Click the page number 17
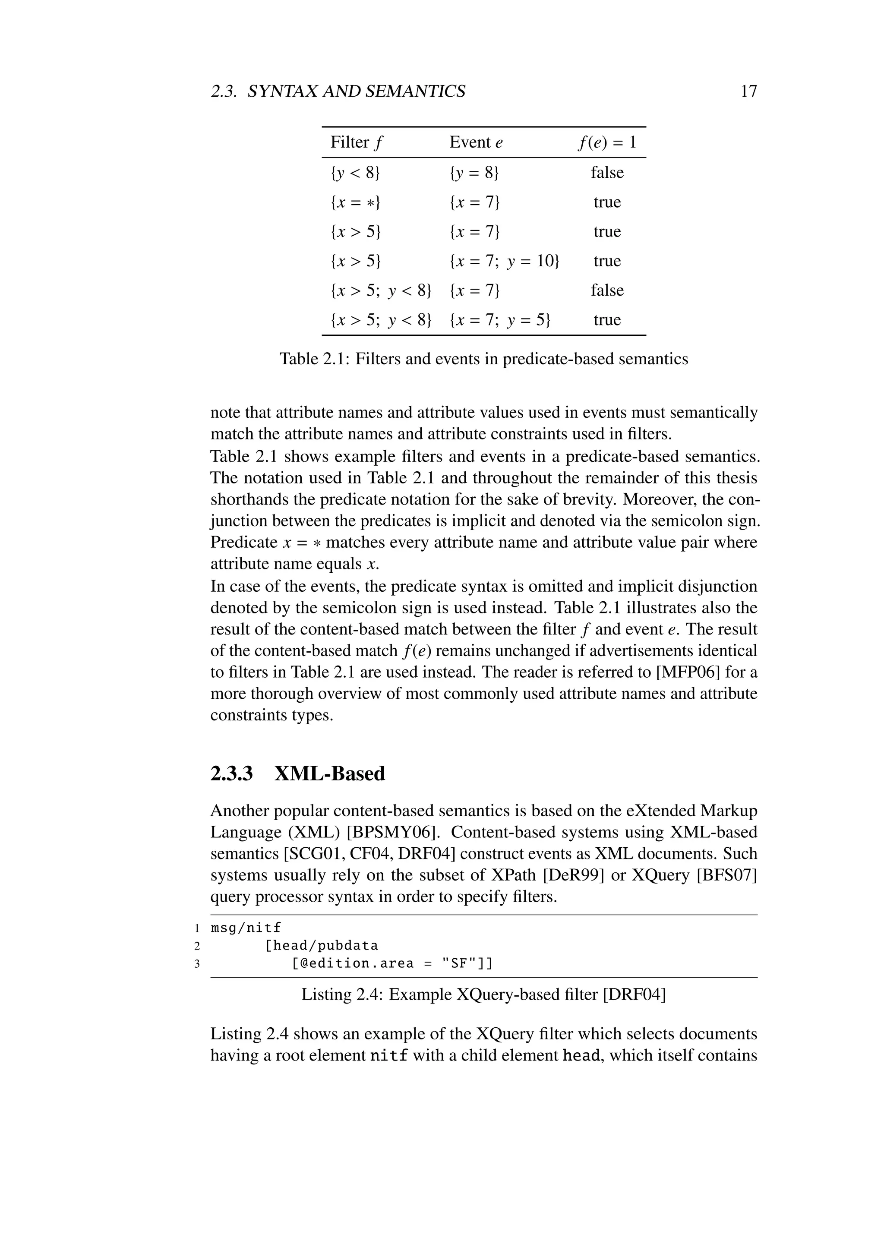coord(748,91)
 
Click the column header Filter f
coord(357,142)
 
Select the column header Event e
coord(476,142)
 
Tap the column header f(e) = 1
coord(606,142)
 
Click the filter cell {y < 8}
coord(355,173)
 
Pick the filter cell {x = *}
coord(355,202)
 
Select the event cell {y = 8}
coord(474,173)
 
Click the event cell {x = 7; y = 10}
coord(505,261)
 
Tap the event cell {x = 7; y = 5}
coord(500,320)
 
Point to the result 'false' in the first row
coord(607,173)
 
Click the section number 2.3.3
coord(232,773)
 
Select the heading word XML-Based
coord(329,773)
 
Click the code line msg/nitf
coord(246,927)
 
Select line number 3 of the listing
coord(197,964)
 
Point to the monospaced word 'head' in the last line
coord(581,1056)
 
